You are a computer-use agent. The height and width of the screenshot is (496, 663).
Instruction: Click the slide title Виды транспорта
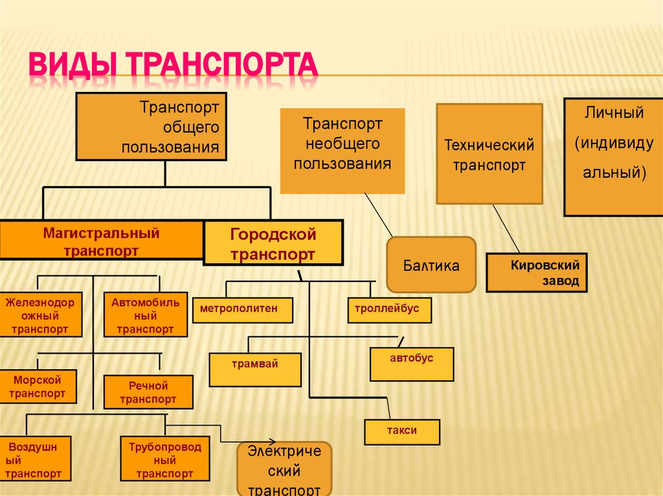coord(174,67)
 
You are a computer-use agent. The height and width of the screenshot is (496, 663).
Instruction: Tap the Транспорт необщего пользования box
coord(343,150)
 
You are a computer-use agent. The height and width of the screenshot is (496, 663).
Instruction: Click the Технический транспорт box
coord(489,154)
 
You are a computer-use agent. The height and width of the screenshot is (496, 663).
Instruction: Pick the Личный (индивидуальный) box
coord(613,156)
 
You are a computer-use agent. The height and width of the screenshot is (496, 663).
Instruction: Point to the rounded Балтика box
coord(431,264)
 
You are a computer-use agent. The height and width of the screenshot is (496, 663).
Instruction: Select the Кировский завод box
coord(537,272)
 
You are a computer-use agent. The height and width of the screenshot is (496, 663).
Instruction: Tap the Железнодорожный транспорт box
coord(42,315)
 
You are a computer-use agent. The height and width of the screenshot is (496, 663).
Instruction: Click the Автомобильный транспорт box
coord(145,315)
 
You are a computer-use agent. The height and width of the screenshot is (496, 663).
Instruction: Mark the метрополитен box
coord(242,310)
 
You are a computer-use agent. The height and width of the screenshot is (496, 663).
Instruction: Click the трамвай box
coord(255,369)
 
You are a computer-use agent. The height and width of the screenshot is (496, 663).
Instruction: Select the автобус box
coord(412,363)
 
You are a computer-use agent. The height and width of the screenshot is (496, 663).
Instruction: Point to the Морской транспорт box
coord(38,386)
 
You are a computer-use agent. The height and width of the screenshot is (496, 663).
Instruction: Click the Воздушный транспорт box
coord(37,460)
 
